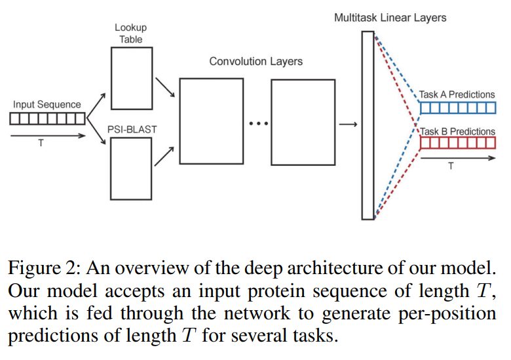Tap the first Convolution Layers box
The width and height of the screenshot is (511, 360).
[x=211, y=121]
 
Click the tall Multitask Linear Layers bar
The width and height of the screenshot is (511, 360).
[x=367, y=125]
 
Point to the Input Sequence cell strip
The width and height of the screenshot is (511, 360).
[x=48, y=119]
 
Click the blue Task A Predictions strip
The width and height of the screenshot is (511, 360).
[x=458, y=108]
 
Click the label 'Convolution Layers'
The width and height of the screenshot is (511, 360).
[x=255, y=61]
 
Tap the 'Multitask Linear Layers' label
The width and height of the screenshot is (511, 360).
[x=390, y=18]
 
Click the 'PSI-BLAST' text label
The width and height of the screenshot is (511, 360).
[x=132, y=129]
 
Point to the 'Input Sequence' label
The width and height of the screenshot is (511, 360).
[x=47, y=104]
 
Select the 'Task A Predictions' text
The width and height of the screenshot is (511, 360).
[x=457, y=94]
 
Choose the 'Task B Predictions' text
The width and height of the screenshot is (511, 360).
[x=458, y=131]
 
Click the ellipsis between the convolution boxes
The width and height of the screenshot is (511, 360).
[x=257, y=123]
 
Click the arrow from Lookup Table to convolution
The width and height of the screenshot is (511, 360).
[x=165, y=85]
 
